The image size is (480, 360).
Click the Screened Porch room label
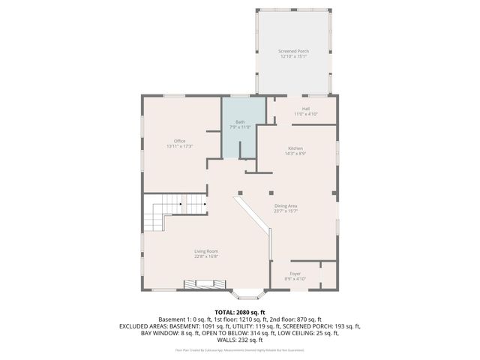[294, 51]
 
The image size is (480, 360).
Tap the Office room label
[179, 141]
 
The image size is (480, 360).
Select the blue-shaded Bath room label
[240, 122]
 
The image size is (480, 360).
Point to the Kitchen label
[295, 148]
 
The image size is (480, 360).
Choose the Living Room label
[205, 251]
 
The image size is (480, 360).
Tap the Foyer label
[295, 274]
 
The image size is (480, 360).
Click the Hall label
[306, 109]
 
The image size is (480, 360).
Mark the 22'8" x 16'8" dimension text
[205, 256]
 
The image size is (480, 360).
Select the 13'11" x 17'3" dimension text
[179, 146]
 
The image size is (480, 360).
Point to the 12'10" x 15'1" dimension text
[294, 56]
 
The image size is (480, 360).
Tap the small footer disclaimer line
[240, 349]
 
